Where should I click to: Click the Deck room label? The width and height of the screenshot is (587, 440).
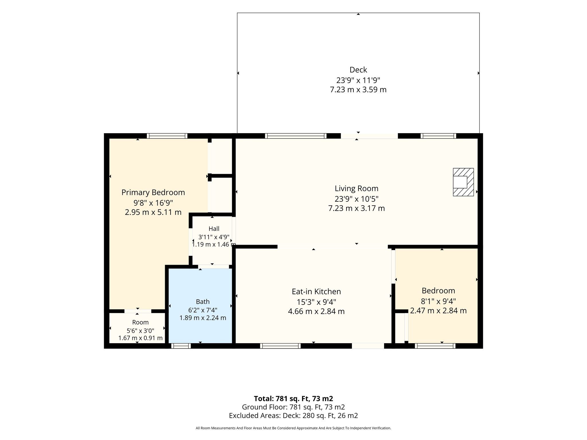coord(358,70)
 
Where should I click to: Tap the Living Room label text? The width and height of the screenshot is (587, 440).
coord(356,188)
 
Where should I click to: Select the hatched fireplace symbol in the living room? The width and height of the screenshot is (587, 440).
coord(463,182)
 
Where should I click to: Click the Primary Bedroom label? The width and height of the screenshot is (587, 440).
coord(153,192)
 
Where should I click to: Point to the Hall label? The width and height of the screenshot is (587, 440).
coord(214,229)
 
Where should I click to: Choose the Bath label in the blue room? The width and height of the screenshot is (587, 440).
coord(203,302)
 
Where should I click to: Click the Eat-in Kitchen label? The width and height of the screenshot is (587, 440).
coord(316,292)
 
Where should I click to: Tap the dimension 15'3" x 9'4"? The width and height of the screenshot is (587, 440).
coord(316,302)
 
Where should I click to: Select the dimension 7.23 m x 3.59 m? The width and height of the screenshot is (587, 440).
coord(358,90)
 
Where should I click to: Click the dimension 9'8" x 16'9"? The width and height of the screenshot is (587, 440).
coord(153,203)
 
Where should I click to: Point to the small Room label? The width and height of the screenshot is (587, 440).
coord(140,322)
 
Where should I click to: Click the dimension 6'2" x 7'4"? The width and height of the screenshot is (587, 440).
coord(203,310)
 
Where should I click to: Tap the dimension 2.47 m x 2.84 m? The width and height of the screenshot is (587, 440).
coord(438,311)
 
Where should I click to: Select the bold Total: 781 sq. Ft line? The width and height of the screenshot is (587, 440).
coord(293,398)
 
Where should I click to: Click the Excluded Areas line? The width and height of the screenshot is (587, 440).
coord(293,416)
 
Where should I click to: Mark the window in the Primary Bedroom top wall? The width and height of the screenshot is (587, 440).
coord(167,136)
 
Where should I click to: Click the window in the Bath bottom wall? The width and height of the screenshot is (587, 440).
coord(181,346)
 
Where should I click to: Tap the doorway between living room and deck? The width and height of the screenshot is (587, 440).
coord(369,136)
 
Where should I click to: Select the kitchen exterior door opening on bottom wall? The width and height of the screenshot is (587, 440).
coord(368,346)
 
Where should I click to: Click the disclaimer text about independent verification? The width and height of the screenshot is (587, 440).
coord(293,428)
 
